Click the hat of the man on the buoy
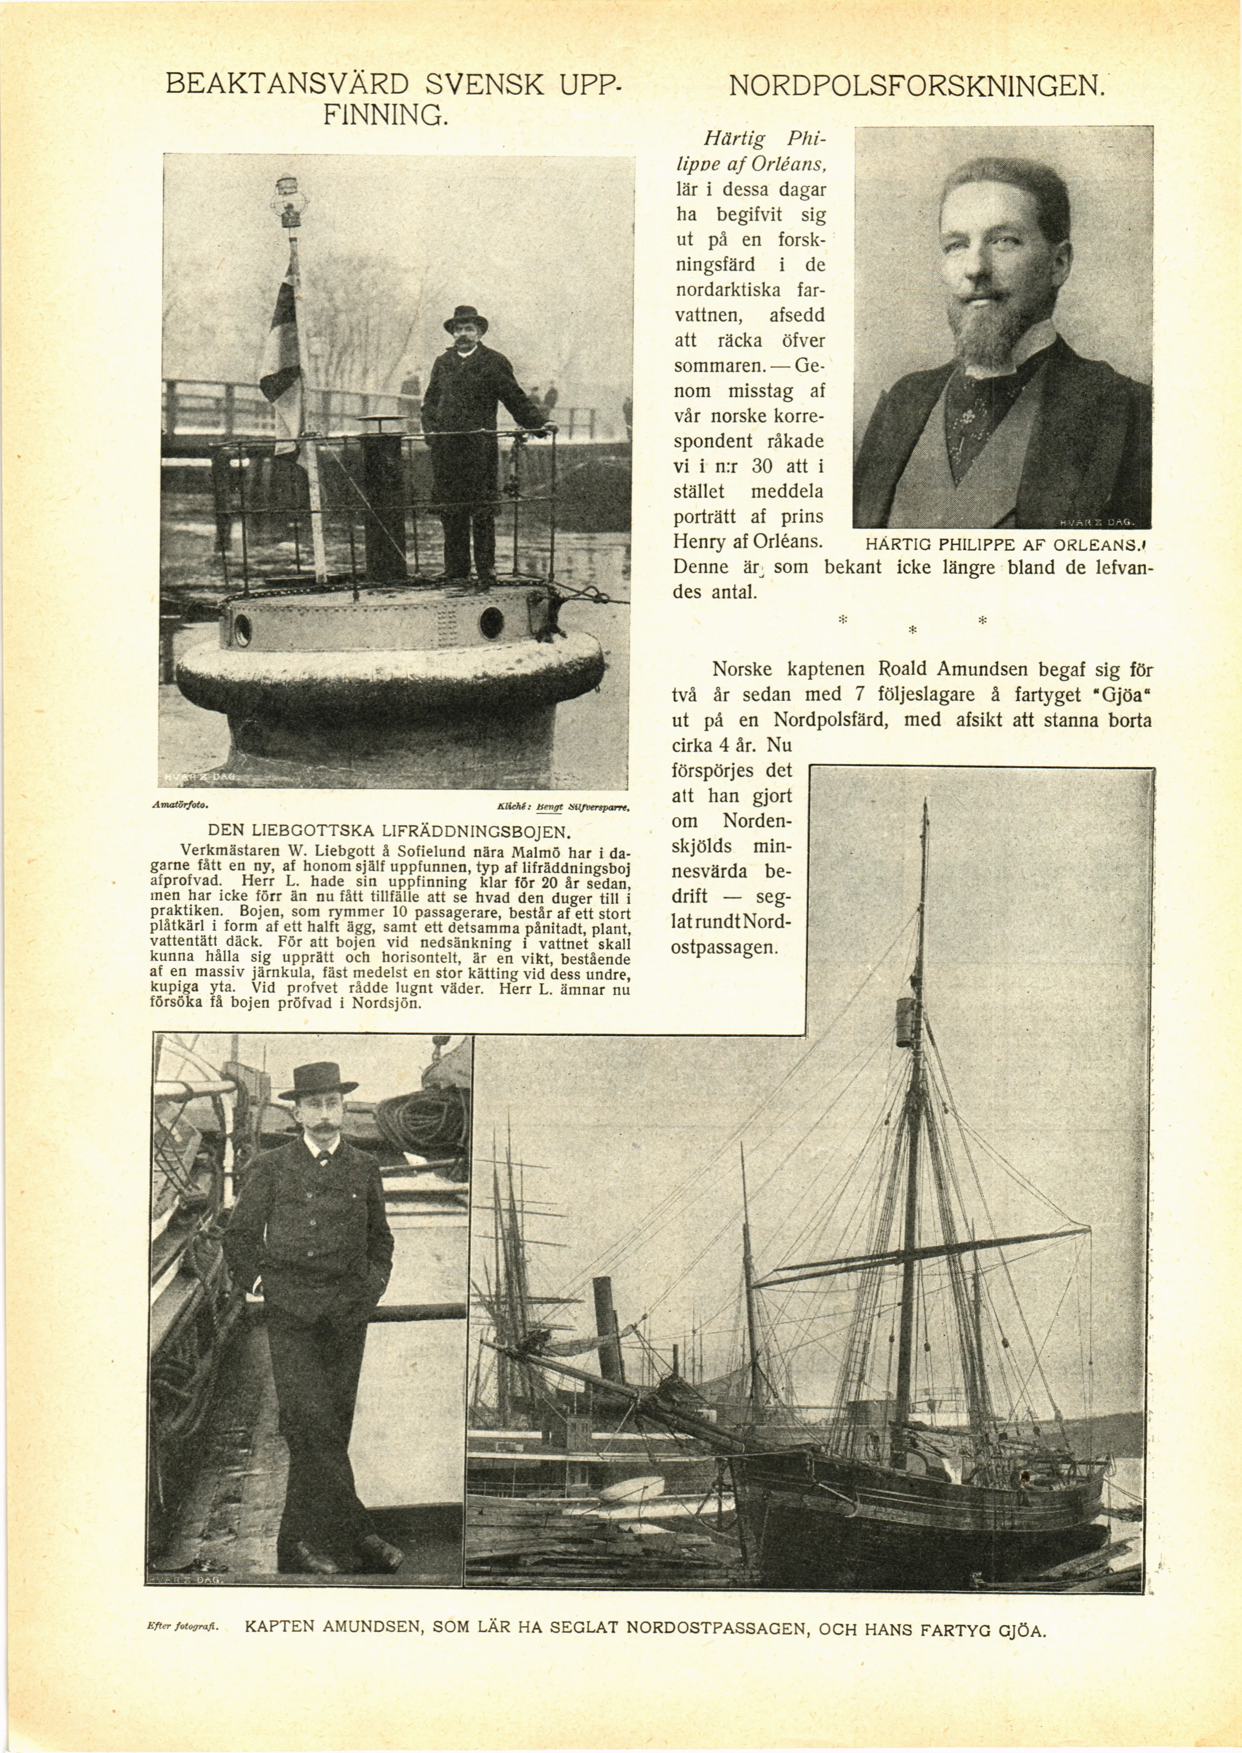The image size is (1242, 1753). click(465, 316)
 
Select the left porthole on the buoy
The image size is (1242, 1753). click(242, 629)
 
